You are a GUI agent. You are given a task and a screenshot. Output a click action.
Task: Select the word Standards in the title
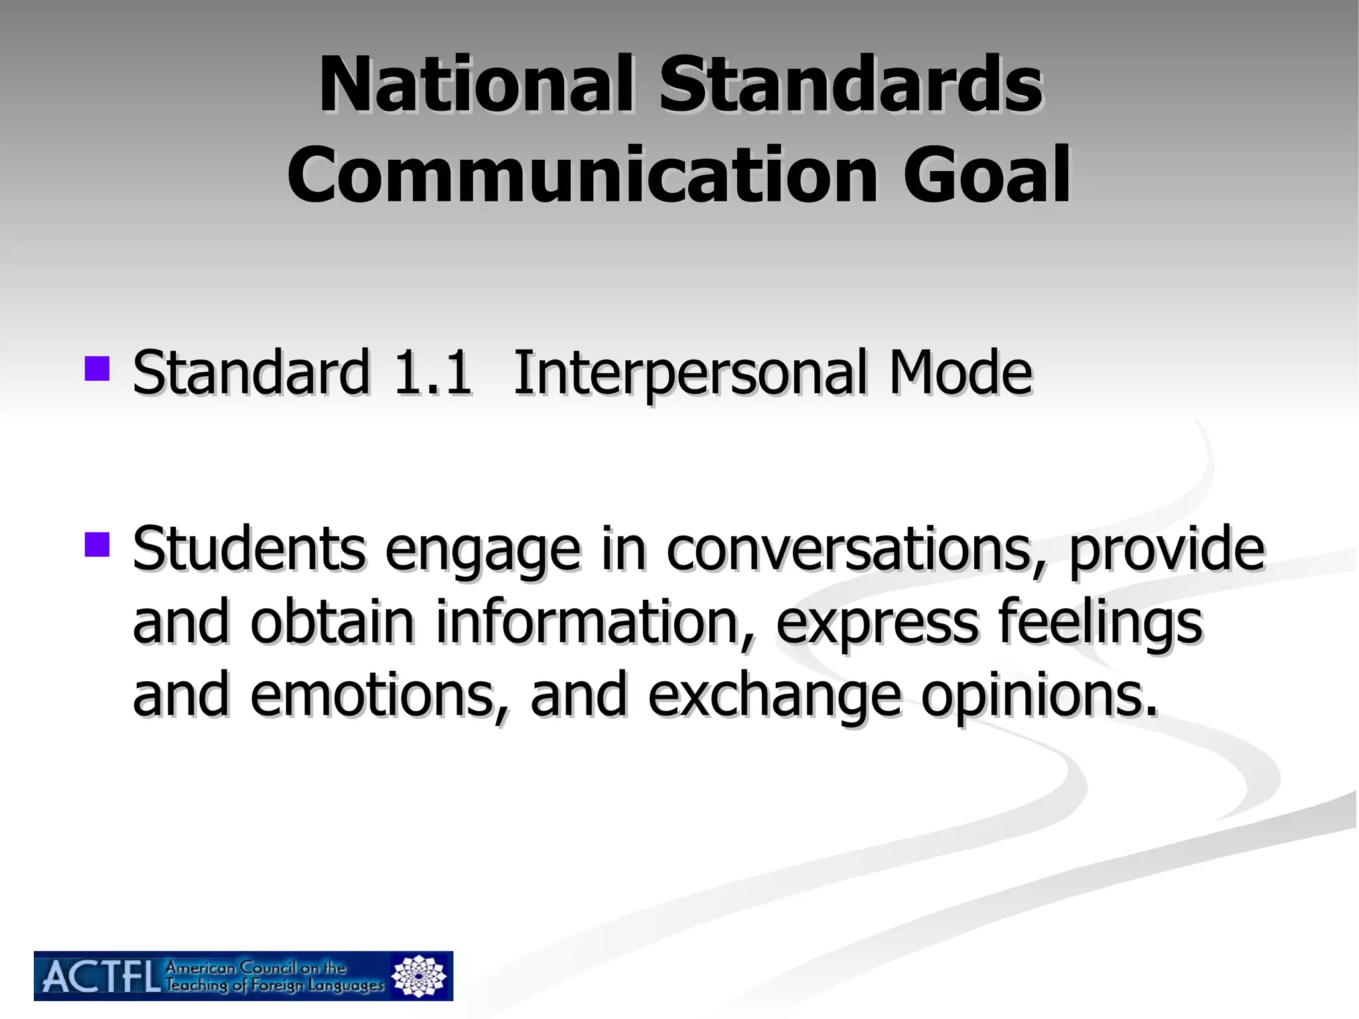pos(851,85)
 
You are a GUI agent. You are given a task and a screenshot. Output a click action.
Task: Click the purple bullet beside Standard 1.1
pos(97,369)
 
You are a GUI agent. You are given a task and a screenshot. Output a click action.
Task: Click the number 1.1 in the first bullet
pos(432,373)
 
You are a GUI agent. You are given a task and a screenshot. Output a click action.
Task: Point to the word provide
pos(1167,549)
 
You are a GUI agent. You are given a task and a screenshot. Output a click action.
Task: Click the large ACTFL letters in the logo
pos(100,977)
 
